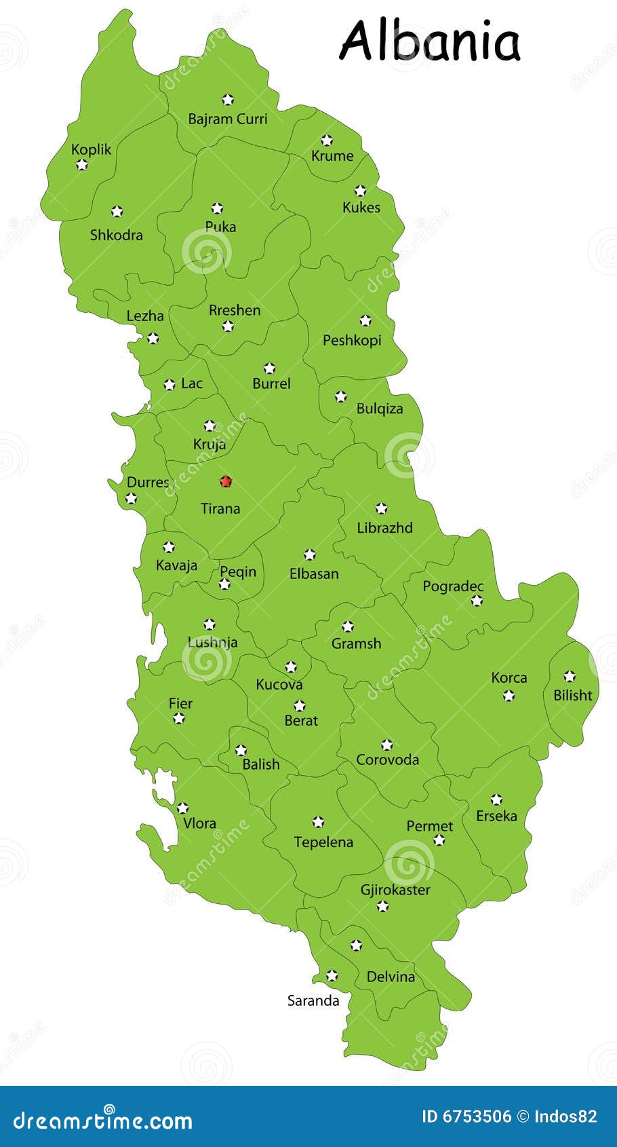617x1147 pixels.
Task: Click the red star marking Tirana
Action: pyautogui.click(x=226, y=481)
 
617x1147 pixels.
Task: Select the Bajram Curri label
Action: pyautogui.click(x=228, y=119)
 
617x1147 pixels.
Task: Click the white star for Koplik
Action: pyautogui.click(x=82, y=164)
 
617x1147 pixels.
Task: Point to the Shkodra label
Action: pyautogui.click(x=117, y=235)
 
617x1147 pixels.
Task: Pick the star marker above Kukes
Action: pyautogui.click(x=360, y=191)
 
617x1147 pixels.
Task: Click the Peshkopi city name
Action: pyautogui.click(x=352, y=340)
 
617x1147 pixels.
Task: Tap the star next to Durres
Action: pyautogui.click(x=131, y=499)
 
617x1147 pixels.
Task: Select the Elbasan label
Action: pyautogui.click(x=314, y=573)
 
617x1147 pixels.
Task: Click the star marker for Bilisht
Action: pyautogui.click(x=570, y=676)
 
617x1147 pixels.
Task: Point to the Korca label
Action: pyautogui.click(x=509, y=677)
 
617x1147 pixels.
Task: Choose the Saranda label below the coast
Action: pyautogui.click(x=313, y=1000)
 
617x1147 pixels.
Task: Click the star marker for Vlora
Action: pyautogui.click(x=182, y=808)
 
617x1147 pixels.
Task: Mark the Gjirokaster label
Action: pyautogui.click(x=395, y=890)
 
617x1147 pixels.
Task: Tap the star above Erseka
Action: pyautogui.click(x=496, y=800)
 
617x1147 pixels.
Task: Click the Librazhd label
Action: pyautogui.click(x=384, y=527)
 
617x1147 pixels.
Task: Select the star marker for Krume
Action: pyautogui.click(x=327, y=140)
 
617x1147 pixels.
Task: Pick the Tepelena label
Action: pyautogui.click(x=323, y=842)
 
